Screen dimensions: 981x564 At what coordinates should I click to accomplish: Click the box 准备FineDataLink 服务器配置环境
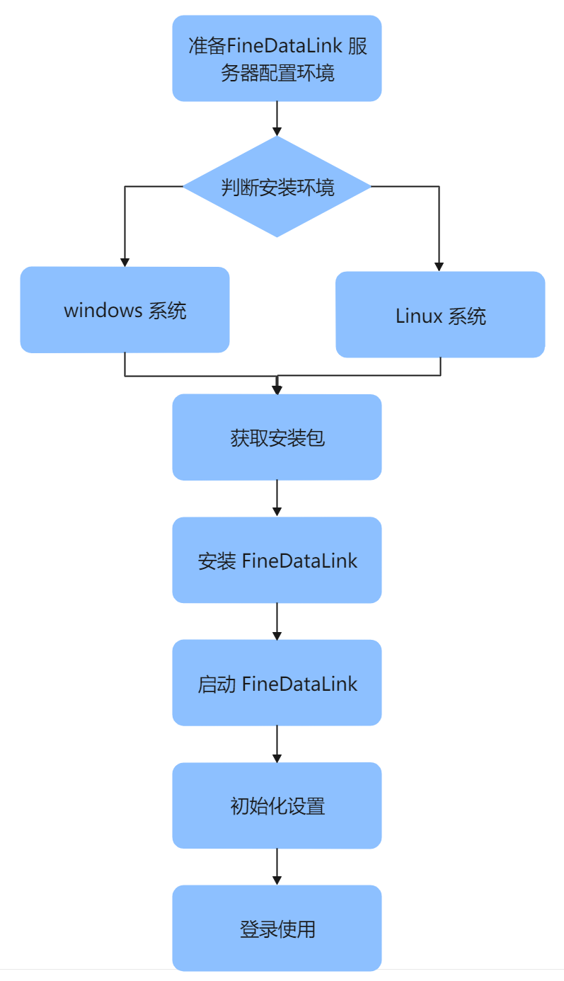pos(277,59)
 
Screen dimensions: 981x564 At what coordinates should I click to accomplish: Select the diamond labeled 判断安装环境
pos(277,187)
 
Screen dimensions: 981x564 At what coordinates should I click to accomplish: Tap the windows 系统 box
pos(125,310)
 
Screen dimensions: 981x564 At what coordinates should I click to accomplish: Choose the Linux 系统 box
pos(440,315)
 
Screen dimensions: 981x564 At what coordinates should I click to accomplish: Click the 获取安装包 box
pos(277,437)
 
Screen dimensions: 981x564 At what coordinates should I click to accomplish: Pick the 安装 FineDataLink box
pos(277,561)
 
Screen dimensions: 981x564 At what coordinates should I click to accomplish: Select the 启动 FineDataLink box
pos(277,683)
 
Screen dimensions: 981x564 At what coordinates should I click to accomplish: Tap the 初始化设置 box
pos(277,805)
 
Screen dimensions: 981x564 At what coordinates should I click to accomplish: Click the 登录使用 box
pos(277,928)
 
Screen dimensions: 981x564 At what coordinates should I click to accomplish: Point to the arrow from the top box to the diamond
pos(277,118)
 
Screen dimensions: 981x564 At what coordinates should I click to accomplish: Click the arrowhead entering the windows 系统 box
pos(125,262)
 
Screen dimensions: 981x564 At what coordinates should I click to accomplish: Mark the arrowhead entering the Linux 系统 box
pos(439,267)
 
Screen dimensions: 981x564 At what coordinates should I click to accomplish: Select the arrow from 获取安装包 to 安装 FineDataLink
pos(277,498)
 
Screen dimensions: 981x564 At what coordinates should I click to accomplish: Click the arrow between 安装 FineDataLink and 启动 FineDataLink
pos(277,621)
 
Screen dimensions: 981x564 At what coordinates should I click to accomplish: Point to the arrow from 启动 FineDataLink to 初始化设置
pos(277,744)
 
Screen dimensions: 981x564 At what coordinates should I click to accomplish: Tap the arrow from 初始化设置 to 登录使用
pos(277,866)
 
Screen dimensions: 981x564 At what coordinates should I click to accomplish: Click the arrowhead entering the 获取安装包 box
pos(277,389)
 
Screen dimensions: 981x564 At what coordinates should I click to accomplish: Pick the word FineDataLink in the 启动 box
pos(299,684)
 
